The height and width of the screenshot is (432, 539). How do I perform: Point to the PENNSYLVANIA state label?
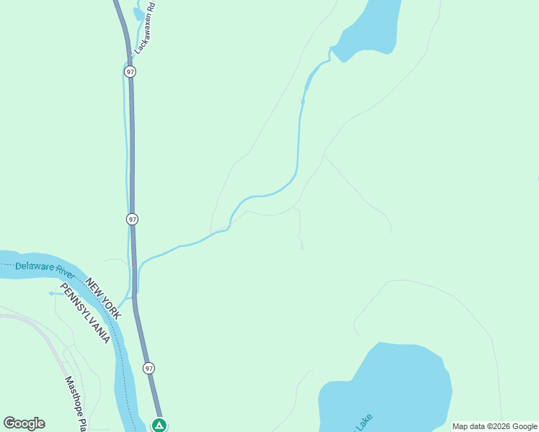pos(85,312)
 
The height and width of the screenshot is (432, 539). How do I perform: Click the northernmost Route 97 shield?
pos(130,72)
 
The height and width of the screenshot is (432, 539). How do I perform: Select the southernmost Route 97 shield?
pos(148,368)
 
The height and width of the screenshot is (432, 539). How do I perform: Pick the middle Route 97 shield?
pos(132,218)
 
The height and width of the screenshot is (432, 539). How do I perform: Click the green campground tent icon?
pos(159,425)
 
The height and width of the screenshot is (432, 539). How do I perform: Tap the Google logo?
pos(24,423)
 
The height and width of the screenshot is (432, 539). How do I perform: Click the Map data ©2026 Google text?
pos(494,427)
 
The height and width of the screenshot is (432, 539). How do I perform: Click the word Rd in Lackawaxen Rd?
pos(153,9)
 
